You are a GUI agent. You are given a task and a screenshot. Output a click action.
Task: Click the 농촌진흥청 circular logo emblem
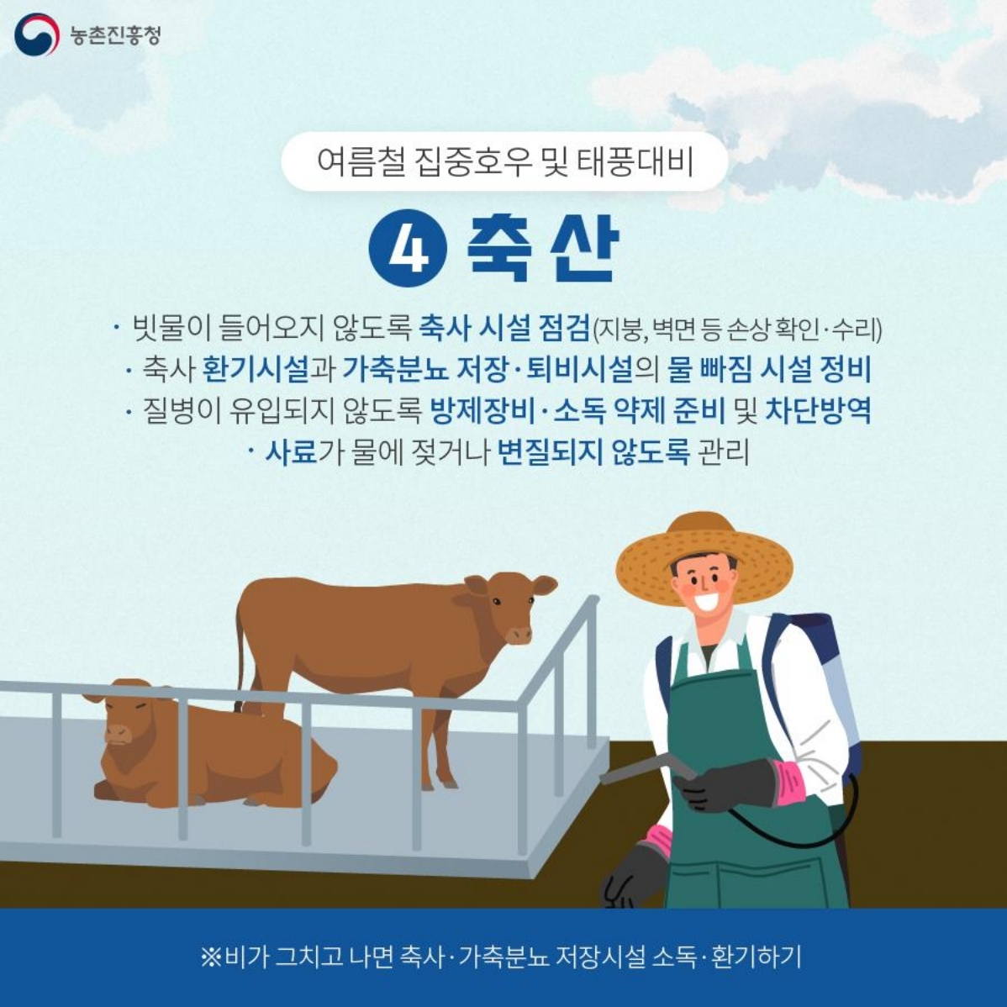35,34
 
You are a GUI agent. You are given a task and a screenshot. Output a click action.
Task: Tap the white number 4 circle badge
408,248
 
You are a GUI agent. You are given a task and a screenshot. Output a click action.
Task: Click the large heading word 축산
542,249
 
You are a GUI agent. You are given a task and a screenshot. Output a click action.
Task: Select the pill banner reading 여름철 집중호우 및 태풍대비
504,161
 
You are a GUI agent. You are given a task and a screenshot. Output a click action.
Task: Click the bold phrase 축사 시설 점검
503,328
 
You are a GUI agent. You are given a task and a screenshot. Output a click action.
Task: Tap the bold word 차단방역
817,411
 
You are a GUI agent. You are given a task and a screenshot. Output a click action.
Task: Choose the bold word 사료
291,453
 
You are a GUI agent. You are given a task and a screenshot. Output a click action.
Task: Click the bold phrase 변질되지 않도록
593,453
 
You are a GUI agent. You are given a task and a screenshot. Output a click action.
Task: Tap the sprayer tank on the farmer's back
828,672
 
